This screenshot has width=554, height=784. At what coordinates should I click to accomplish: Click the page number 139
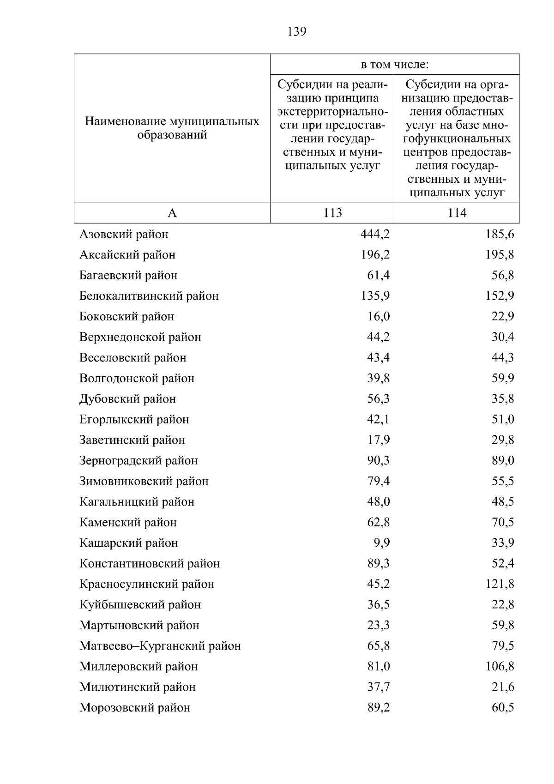pos(297,32)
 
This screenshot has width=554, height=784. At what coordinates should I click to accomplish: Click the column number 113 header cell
pos(332,213)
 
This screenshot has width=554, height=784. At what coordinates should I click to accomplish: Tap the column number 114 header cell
pos(457,213)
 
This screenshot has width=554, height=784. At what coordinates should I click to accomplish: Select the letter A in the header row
pos(172,213)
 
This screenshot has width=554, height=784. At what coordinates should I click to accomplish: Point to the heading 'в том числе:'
pos(395,65)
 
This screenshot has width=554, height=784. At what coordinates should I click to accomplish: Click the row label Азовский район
pos(124,235)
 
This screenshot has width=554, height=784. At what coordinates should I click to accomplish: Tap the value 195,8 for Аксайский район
pos(500,255)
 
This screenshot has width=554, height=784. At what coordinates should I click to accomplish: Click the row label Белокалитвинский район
pos(149,296)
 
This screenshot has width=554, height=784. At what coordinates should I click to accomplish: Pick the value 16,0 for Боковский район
pos(378,317)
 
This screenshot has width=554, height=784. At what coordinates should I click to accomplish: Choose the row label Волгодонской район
pos(137,379)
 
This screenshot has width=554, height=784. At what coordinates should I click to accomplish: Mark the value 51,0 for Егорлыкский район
pos(503,420)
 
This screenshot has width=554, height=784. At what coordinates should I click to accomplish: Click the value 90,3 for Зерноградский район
pos(378,461)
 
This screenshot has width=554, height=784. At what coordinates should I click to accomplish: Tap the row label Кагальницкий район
pos(137,502)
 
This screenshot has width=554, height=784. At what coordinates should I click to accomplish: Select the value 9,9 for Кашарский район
pos(381,543)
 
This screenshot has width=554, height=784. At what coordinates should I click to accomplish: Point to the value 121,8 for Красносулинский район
pos(500,584)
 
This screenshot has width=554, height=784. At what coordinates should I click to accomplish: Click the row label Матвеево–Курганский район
pos(160,646)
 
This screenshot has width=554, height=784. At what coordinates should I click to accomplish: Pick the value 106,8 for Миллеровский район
pos(500,667)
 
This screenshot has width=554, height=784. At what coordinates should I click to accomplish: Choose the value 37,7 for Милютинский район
pos(378,687)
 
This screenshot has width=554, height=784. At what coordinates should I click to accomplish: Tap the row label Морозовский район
pos(134,708)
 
